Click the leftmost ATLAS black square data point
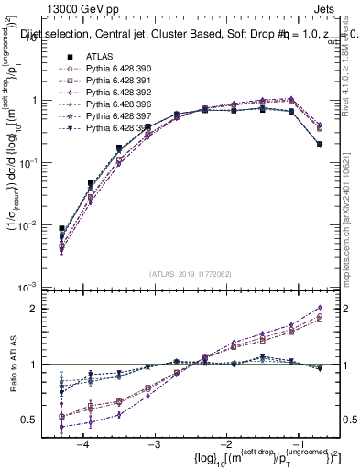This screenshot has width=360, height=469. (61, 228)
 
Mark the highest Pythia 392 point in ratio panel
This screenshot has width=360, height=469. (319, 308)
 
